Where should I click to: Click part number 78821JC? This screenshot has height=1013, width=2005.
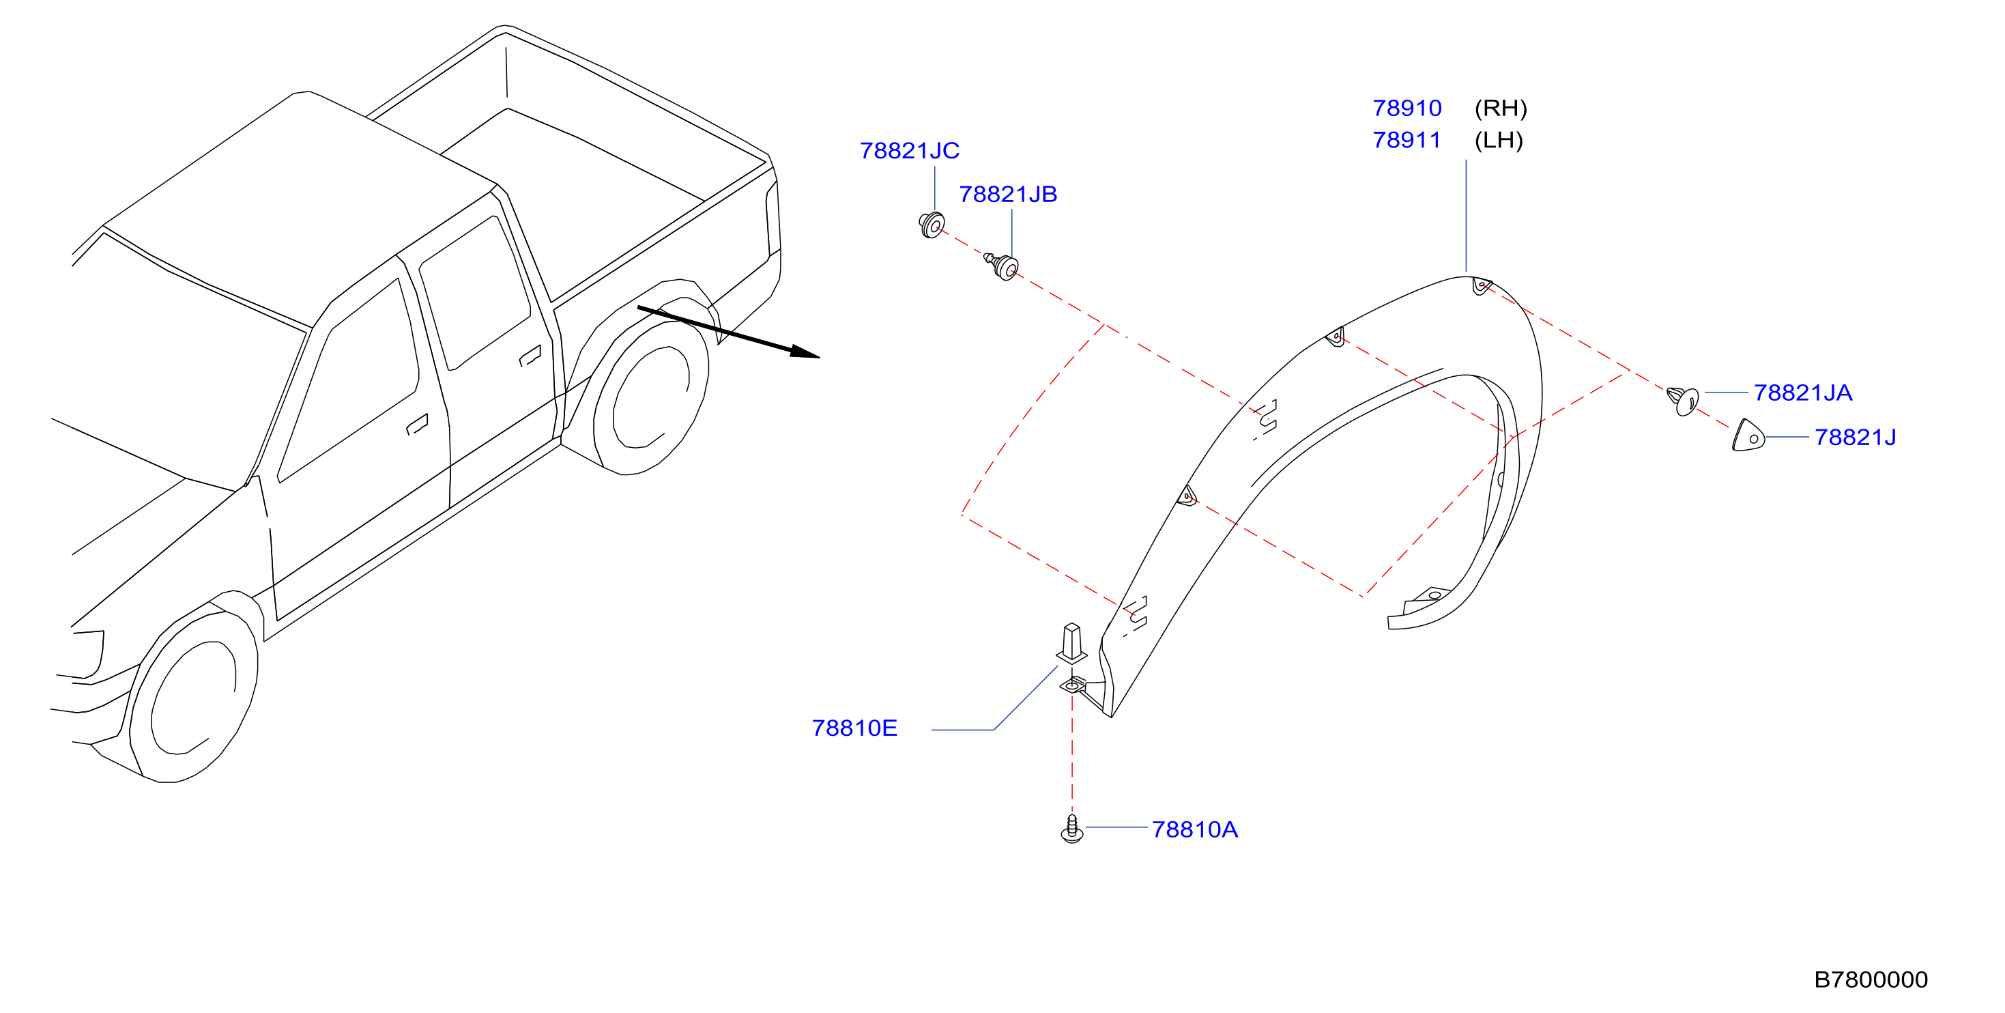point(909,151)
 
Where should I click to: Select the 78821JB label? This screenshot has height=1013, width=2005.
point(1008,195)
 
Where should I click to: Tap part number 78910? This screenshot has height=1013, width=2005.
point(1407,109)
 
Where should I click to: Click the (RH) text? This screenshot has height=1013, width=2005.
point(1501,109)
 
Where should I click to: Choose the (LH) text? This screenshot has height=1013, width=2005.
point(1499,140)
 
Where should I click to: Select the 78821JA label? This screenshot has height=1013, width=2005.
point(1802,393)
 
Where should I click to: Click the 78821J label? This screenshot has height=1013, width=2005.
point(1855,438)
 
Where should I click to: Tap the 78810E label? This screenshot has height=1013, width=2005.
point(854,728)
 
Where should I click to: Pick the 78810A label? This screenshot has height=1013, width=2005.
point(1195,830)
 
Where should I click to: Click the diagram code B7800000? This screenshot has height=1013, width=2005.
point(1871,980)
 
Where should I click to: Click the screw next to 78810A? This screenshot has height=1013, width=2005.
point(1072,829)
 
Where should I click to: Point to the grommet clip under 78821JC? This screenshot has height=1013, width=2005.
point(931,225)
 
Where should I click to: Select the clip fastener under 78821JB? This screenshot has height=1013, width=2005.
point(1002,266)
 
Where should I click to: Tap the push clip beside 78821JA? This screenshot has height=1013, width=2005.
point(1683,401)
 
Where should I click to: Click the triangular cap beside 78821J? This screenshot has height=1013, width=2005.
point(1748,436)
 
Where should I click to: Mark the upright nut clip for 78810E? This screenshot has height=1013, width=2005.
point(1072,643)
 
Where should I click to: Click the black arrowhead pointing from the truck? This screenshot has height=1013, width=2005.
point(805,352)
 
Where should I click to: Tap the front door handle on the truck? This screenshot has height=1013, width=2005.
point(417,425)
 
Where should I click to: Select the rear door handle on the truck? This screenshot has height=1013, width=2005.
point(530,356)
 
